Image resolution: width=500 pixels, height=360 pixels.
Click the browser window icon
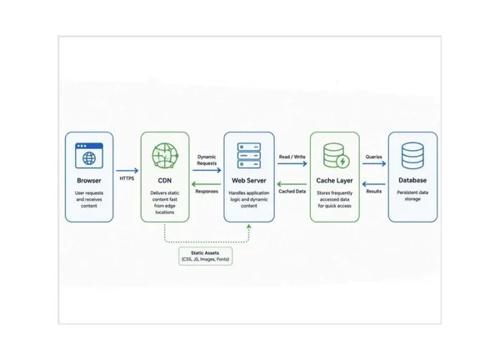point(89,155)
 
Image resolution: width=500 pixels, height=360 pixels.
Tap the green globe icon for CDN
point(165,155)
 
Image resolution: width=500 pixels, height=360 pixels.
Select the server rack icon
point(249,155)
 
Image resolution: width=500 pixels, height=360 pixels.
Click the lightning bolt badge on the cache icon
point(342,162)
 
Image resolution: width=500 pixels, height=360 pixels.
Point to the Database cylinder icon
point(412,155)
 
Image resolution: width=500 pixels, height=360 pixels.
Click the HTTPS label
point(127,178)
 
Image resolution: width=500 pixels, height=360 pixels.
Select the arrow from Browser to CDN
point(127,171)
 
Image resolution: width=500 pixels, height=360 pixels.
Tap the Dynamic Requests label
point(207,160)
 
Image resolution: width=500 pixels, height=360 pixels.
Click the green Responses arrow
point(206,184)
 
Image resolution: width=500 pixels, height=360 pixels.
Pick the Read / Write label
point(292,157)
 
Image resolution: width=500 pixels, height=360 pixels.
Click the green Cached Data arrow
point(292,184)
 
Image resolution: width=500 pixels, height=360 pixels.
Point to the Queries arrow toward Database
point(374,163)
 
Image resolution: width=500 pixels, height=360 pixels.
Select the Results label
point(374,192)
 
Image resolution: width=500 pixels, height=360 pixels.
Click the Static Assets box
point(205,256)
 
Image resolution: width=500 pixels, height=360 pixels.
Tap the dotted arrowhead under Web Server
point(248,227)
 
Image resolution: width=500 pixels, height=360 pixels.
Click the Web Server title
point(249,181)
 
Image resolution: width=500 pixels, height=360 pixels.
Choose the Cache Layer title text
point(334,181)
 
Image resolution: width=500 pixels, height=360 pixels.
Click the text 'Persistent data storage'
point(412,196)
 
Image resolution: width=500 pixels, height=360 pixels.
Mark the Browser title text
point(89,181)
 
